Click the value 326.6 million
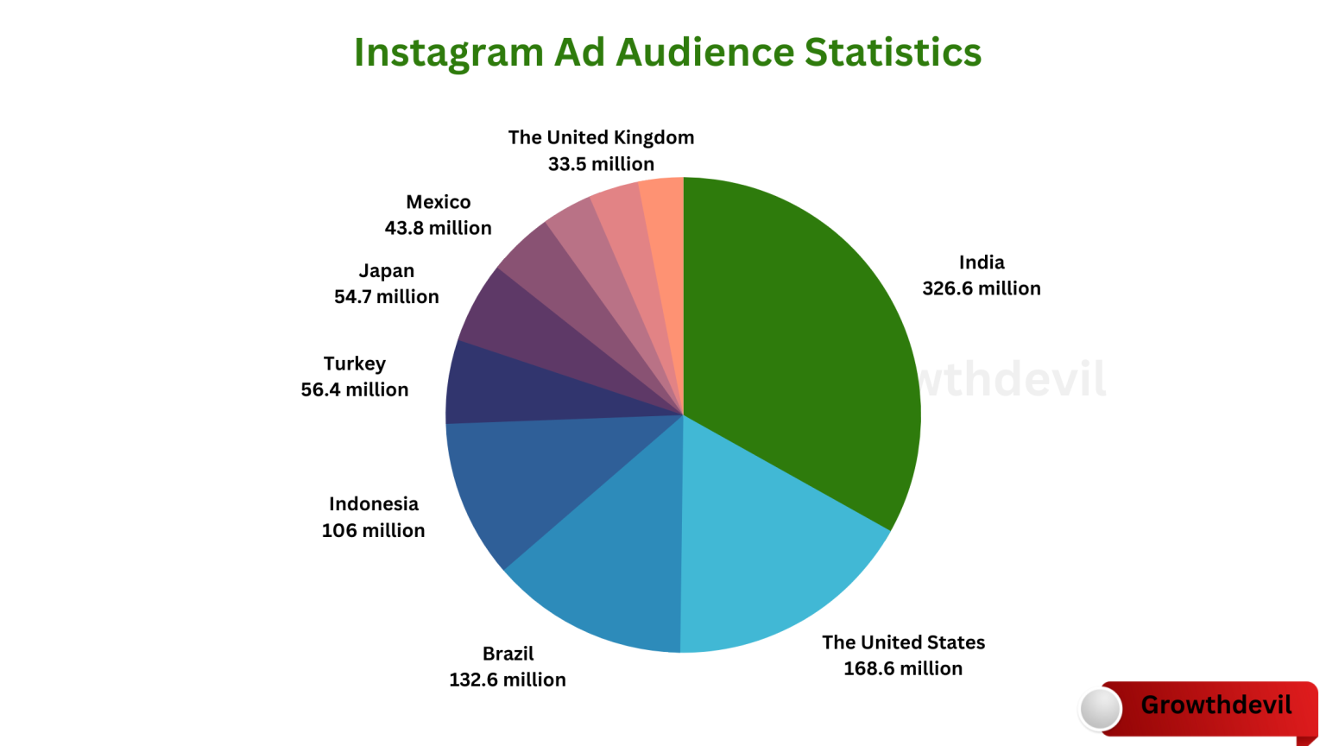[x=982, y=288]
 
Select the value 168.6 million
[x=903, y=668]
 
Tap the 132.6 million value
[x=508, y=680]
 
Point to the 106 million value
[x=373, y=530]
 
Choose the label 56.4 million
[x=355, y=389]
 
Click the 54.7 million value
[x=387, y=296]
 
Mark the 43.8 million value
[x=439, y=228]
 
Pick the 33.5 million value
[x=601, y=164]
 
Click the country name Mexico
[x=439, y=202]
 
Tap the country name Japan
[x=387, y=271]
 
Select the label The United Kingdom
[x=601, y=137]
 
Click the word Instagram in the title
[x=447, y=54]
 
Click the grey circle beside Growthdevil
[x=1101, y=709]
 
